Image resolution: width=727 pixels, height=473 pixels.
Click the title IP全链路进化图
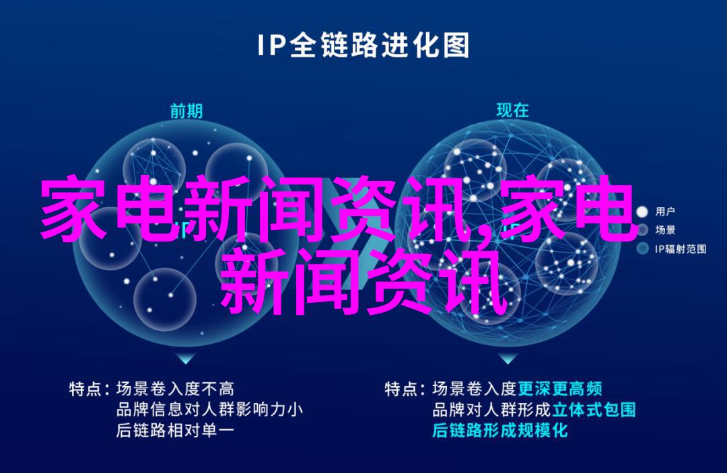tap(363, 46)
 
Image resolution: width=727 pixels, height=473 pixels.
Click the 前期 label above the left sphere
tap(186, 111)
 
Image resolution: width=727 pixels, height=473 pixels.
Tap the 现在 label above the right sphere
tap(512, 110)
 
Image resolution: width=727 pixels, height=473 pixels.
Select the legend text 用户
tap(665, 212)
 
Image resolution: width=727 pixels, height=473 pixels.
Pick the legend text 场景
tap(665, 230)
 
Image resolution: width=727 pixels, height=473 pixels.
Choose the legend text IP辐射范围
tap(680, 249)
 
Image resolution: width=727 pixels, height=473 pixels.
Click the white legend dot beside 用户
tap(642, 212)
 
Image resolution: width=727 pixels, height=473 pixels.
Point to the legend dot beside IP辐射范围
tap(642, 249)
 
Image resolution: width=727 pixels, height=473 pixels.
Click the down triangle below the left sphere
tap(186, 358)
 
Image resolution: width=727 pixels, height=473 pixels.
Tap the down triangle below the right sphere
tap(508, 358)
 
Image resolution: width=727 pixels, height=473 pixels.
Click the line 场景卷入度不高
tap(175, 389)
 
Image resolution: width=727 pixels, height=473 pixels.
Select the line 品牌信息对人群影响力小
tap(209, 410)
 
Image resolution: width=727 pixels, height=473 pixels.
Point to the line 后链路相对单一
tap(175, 431)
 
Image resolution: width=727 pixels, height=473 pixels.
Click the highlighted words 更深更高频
tap(559, 389)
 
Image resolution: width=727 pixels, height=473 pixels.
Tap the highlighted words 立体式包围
tap(594, 410)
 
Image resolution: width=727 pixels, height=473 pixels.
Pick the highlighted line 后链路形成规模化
tap(499, 431)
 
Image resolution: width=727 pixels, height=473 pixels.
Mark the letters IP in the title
tap(273, 46)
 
